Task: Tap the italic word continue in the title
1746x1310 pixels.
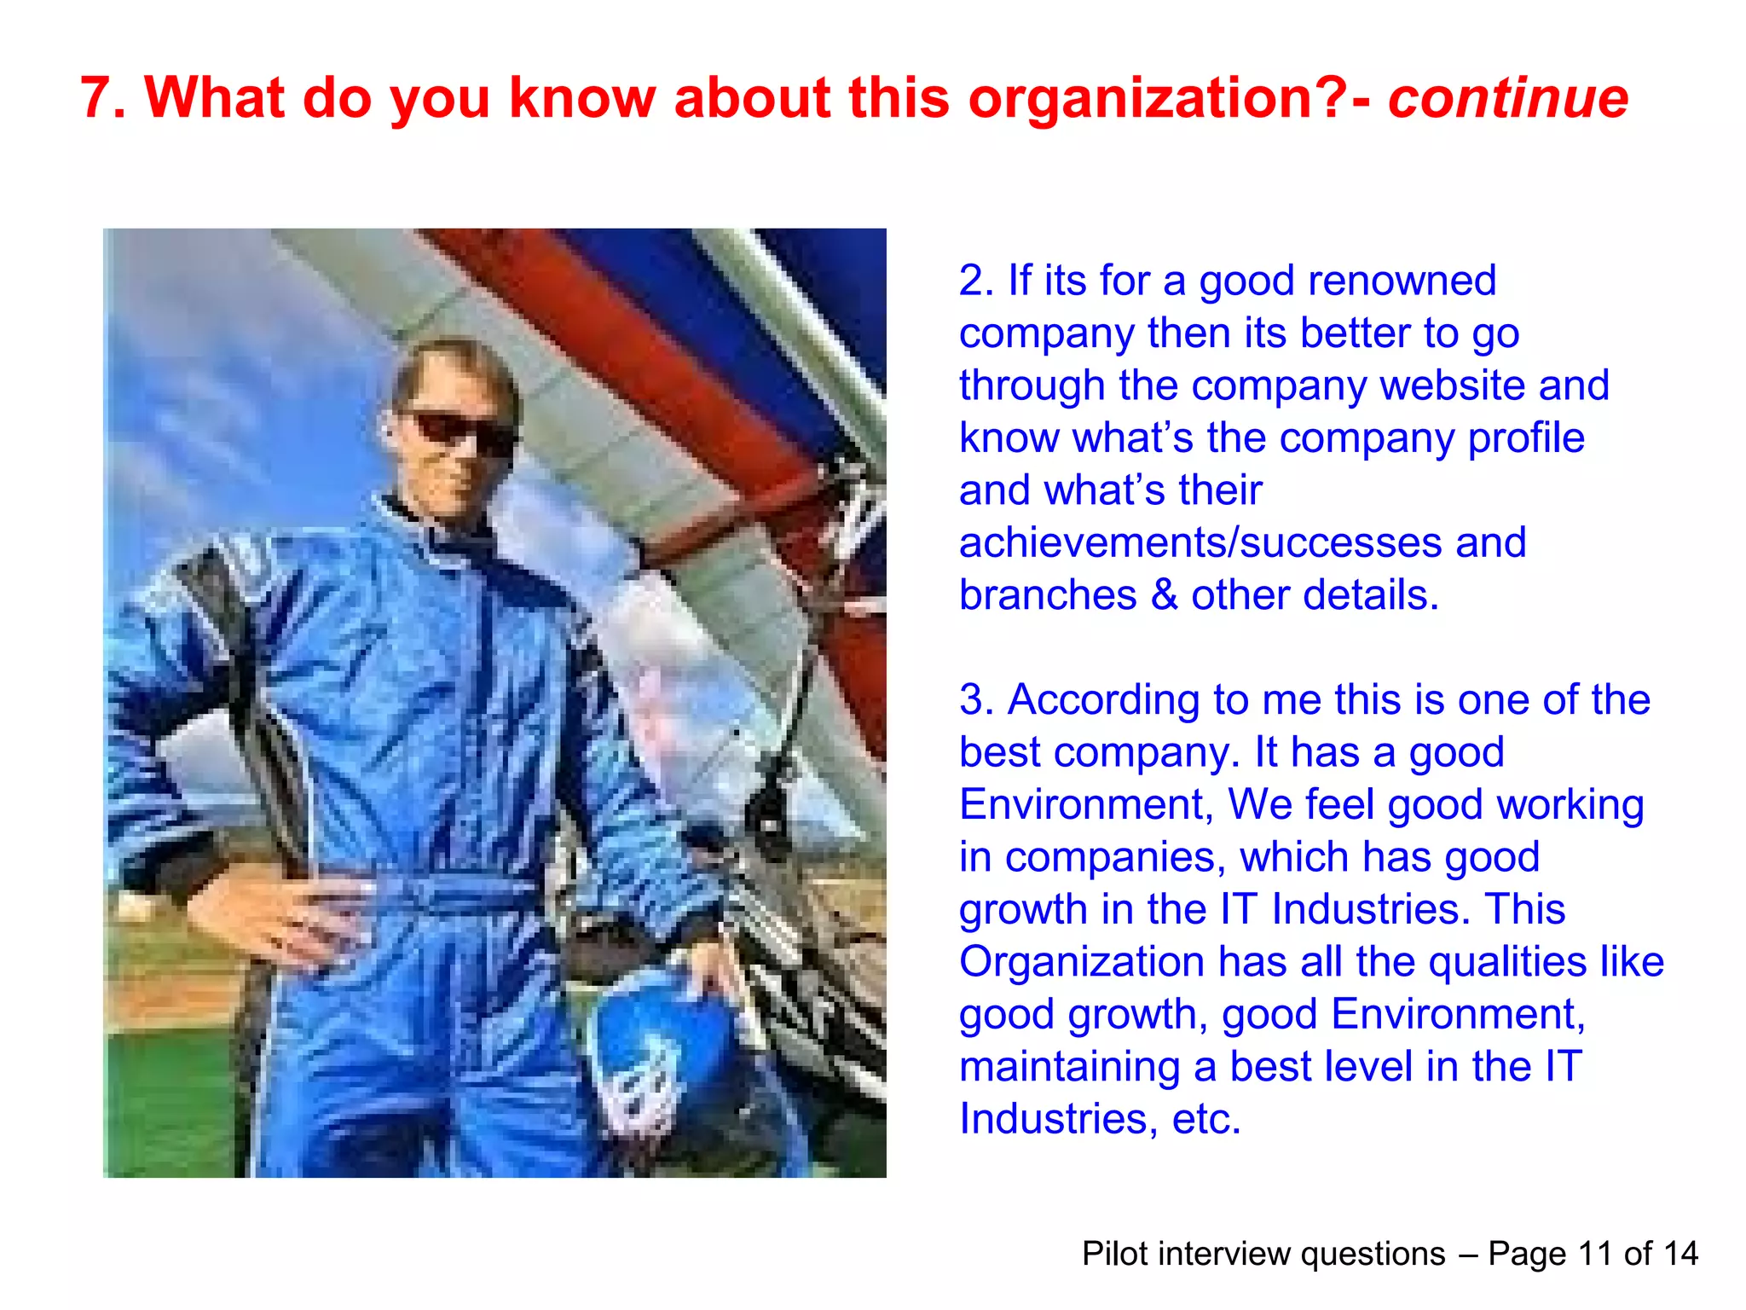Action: (x=1508, y=98)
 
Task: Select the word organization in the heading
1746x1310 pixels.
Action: (x=1143, y=98)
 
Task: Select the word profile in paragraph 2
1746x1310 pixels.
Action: (x=1526, y=438)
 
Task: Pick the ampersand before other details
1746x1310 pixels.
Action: (x=1164, y=595)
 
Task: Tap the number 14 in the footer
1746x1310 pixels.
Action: (x=1680, y=1254)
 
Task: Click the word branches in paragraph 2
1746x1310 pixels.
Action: (x=1048, y=595)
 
